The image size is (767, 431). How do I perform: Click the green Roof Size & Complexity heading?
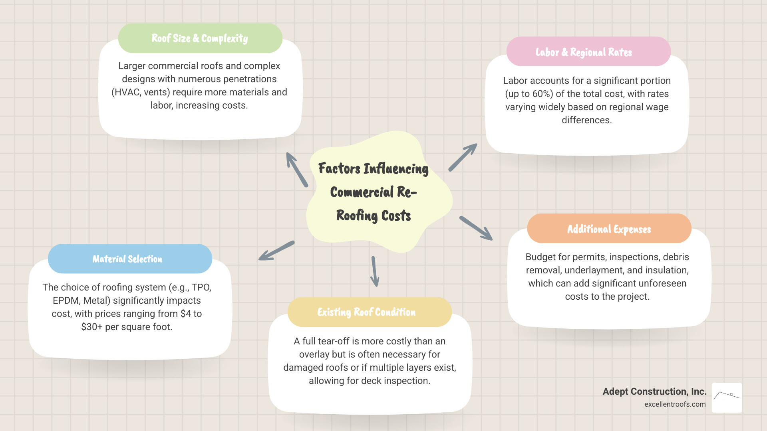click(200, 38)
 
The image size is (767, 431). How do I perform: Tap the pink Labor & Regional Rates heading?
click(584, 52)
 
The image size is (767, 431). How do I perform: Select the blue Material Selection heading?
click(127, 259)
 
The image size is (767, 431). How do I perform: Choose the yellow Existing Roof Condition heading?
click(366, 312)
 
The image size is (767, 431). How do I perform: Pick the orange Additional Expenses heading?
click(609, 229)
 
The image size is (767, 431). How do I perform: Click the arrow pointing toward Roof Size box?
click(296, 169)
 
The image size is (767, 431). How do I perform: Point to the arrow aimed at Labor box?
click(463, 157)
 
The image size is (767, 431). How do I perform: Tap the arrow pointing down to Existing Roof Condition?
click(375, 271)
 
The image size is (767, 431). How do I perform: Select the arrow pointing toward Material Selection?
click(276, 251)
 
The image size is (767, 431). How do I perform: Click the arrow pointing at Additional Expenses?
click(476, 228)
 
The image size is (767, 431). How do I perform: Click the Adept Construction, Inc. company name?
click(654, 391)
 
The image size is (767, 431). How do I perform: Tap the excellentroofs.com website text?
click(675, 404)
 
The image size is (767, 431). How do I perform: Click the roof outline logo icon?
click(727, 397)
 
